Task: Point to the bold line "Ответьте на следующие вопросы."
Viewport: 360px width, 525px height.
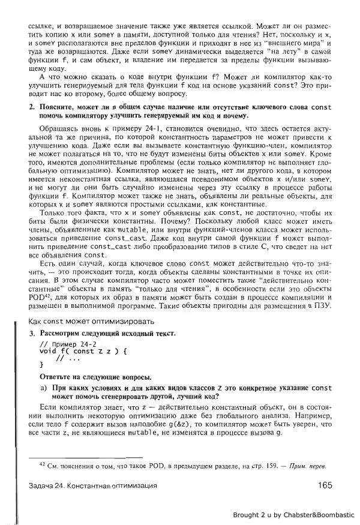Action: (91, 376)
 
